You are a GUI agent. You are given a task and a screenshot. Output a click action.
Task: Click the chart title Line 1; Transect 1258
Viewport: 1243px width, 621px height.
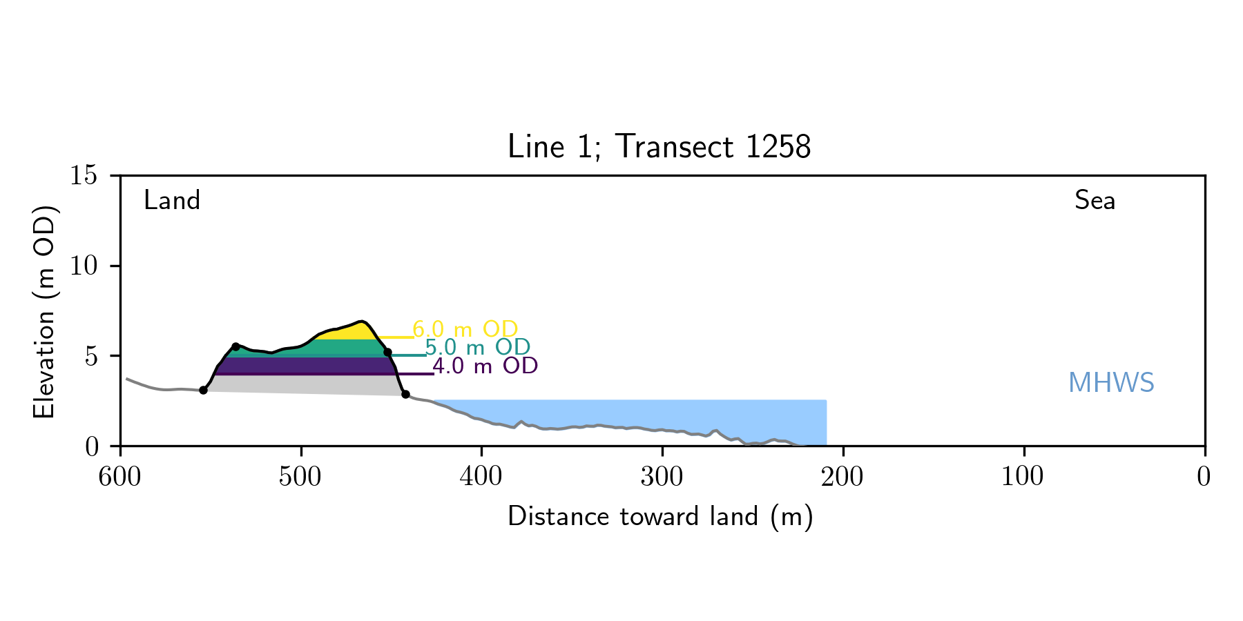659,147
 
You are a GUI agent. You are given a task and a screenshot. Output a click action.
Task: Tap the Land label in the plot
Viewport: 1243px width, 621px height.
172,201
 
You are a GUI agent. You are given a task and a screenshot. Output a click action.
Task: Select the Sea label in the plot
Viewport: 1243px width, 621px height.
1095,201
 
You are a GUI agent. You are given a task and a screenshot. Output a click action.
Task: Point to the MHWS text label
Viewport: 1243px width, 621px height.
1111,383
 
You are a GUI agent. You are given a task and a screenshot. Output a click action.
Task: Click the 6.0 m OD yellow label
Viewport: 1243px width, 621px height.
465,329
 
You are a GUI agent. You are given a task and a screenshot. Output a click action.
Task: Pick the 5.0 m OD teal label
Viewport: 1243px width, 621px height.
477,347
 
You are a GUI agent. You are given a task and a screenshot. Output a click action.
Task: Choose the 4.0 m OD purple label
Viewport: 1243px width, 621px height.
485,366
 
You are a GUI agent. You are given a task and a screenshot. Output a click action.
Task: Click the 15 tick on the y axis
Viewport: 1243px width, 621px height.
83,175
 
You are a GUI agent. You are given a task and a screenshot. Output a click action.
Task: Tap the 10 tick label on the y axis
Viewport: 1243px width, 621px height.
83,266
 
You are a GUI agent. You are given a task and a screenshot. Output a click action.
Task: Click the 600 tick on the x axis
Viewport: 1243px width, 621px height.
120,477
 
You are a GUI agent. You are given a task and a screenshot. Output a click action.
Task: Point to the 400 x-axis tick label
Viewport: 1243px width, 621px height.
481,477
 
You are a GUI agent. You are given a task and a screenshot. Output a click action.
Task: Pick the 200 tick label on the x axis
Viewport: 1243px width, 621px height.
842,477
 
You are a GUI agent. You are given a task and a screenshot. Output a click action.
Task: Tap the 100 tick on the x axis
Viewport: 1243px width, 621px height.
1023,477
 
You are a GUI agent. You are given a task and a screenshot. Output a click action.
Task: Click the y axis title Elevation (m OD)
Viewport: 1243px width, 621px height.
44,310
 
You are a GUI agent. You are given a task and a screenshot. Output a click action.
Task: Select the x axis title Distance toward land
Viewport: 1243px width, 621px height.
660,517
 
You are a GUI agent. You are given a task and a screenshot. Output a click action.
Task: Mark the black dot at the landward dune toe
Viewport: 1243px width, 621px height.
203,391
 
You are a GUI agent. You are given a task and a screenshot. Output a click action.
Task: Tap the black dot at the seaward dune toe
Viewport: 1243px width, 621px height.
405,395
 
